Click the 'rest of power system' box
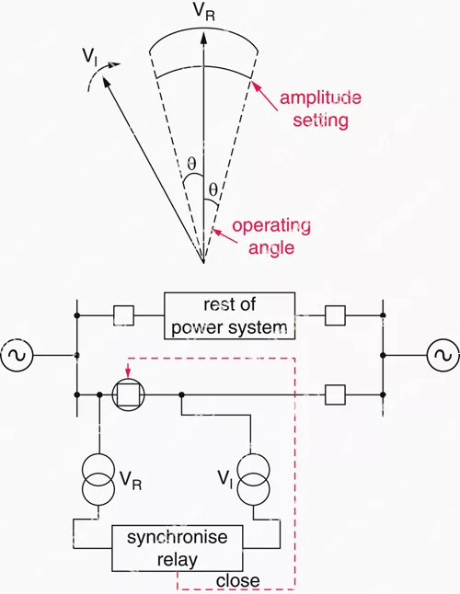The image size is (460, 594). click(x=229, y=315)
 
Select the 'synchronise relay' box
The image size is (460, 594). click(x=177, y=548)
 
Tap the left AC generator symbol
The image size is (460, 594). click(x=17, y=355)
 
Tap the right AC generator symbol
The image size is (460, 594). click(x=443, y=355)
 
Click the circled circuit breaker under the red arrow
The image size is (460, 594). click(x=129, y=394)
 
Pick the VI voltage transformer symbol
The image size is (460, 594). click(x=253, y=477)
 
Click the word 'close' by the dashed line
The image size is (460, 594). click(x=237, y=581)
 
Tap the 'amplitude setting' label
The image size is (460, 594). click(x=320, y=109)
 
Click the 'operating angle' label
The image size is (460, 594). click(x=271, y=236)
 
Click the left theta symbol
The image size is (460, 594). click(x=191, y=164)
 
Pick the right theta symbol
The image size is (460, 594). click(x=213, y=189)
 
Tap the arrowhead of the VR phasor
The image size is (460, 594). click(x=204, y=39)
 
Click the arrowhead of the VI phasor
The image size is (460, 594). click(x=106, y=83)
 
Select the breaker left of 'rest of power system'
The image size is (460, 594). click(x=123, y=315)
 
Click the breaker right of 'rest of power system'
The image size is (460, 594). click(x=335, y=315)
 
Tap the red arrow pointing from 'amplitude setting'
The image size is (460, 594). click(x=265, y=97)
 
